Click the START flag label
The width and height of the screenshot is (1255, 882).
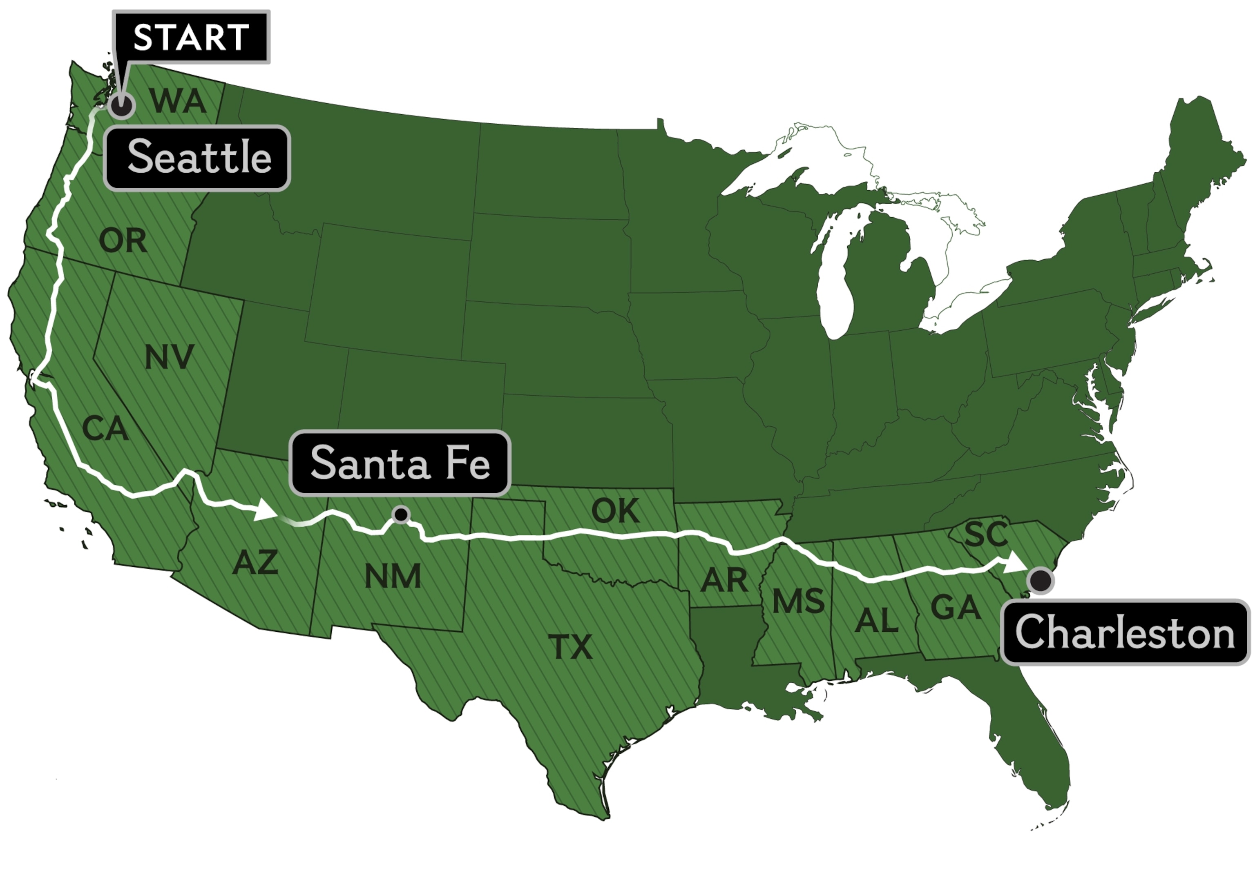pyautogui.click(x=191, y=37)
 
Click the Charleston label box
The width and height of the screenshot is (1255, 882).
pyautogui.click(x=1125, y=632)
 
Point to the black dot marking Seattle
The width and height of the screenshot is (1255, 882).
pyautogui.click(x=121, y=105)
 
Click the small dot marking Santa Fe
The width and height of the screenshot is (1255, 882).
pyautogui.click(x=401, y=514)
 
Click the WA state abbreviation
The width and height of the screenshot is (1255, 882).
pyautogui.click(x=178, y=101)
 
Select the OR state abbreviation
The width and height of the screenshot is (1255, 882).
pyautogui.click(x=123, y=241)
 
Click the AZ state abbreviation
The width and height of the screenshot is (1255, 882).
pyautogui.click(x=255, y=562)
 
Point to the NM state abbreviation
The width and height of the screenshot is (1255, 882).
pyautogui.click(x=393, y=577)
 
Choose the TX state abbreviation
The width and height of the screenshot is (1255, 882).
pyautogui.click(x=570, y=648)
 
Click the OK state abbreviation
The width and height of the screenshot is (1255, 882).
pyautogui.click(x=615, y=511)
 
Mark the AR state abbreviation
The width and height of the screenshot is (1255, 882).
pyautogui.click(x=724, y=580)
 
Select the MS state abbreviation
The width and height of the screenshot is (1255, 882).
pyautogui.click(x=798, y=601)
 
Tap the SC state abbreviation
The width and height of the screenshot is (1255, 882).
pyautogui.click(x=985, y=534)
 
